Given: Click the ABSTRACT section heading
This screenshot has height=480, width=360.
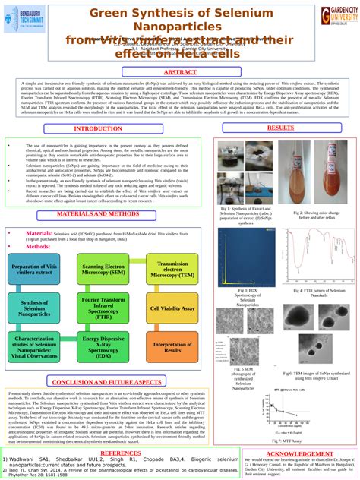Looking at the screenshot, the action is tap(180, 72).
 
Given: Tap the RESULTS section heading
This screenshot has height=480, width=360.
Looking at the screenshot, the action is tap(280, 128).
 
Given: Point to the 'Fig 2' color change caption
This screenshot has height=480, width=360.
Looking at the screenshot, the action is tap(314, 215).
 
